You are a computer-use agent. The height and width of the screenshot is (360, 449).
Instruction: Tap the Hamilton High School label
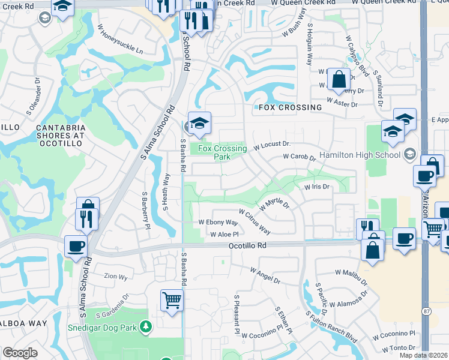point(360,155)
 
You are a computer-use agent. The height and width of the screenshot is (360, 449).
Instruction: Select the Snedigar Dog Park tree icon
point(145,326)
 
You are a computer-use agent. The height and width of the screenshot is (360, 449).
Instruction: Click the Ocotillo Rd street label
point(247,246)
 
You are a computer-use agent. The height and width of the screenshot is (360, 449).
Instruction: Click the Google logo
point(20,353)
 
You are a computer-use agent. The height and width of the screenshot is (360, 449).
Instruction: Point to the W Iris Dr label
point(318,187)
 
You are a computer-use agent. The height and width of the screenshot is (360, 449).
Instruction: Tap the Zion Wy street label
point(116,277)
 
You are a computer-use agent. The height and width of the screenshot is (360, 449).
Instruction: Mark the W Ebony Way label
point(218,222)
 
